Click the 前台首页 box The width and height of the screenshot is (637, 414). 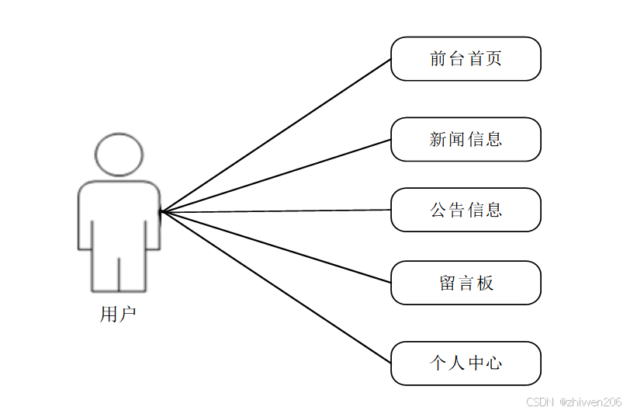(x=466, y=58)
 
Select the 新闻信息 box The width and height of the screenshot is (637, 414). (x=466, y=139)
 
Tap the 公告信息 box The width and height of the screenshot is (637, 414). (x=466, y=210)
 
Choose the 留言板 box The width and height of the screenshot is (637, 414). (x=466, y=283)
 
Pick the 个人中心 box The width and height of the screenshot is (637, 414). (x=466, y=363)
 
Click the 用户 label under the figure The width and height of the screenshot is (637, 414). (x=118, y=315)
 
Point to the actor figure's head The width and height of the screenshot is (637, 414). (x=119, y=154)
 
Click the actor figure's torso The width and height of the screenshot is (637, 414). (x=119, y=214)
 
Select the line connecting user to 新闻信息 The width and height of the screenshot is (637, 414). (x=275, y=176)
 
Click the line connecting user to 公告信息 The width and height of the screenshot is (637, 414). (x=275, y=210)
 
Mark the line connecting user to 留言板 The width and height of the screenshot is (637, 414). (x=275, y=246)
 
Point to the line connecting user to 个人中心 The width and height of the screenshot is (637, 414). (x=275, y=287)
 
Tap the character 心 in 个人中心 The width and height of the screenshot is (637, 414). (x=493, y=363)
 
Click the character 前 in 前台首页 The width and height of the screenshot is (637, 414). (x=438, y=58)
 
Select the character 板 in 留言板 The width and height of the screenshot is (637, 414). (x=486, y=283)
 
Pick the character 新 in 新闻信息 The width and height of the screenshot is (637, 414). (x=438, y=139)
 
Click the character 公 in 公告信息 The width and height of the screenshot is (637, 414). (x=438, y=210)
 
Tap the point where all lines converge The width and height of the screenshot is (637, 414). (x=161, y=211)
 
